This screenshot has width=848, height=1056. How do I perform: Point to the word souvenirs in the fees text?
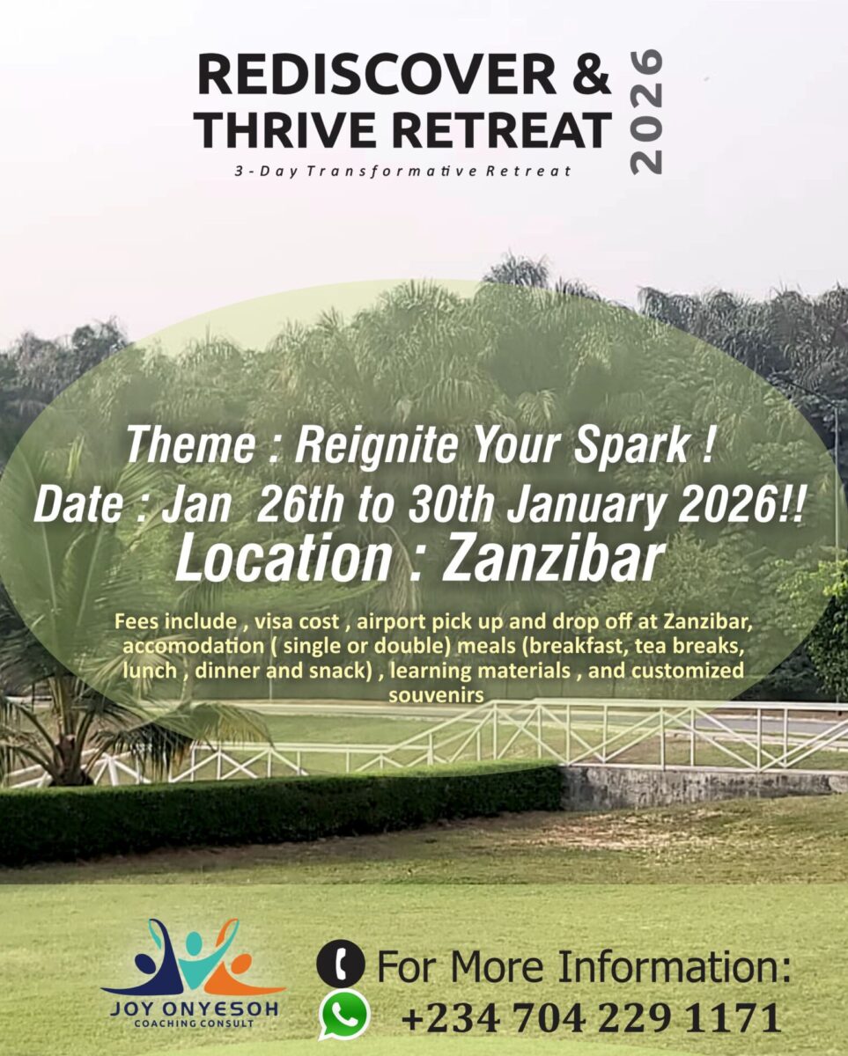436,695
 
